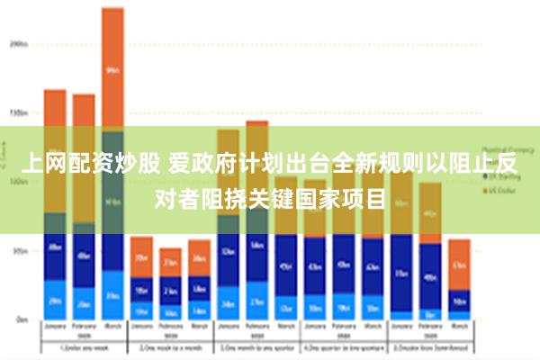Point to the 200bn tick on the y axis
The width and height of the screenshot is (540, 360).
18,42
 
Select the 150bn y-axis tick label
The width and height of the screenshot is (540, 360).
18,112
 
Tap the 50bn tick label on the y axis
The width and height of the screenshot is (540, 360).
19,251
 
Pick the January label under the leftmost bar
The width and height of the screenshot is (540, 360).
55,328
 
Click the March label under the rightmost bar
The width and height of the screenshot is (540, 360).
459,328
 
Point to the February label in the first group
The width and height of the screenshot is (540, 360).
84,328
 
